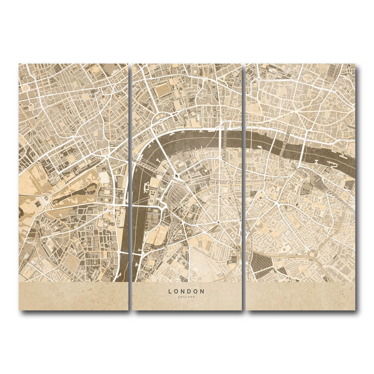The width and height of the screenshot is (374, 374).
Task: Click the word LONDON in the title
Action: coord(186,291)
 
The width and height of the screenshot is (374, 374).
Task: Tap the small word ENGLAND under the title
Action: coord(186,297)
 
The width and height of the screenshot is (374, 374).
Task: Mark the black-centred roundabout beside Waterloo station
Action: coord(177,176)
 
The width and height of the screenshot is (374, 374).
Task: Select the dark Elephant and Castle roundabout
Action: coord(237,249)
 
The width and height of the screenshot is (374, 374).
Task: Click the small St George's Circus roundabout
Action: coord(218,222)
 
